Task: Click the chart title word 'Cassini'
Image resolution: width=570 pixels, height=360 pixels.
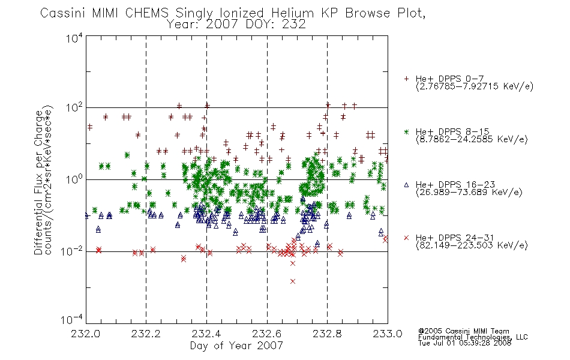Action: coord(62,13)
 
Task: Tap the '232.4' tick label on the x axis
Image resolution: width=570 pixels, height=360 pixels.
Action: coord(206,334)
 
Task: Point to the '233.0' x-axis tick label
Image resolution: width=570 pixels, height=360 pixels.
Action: coord(388,334)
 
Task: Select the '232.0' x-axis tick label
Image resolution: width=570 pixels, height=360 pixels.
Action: coord(86,334)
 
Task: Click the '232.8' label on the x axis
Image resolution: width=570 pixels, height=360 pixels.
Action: coord(327,334)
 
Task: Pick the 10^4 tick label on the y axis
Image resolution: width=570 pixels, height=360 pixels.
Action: coord(74,38)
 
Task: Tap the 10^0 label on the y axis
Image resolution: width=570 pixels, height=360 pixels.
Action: coord(74,179)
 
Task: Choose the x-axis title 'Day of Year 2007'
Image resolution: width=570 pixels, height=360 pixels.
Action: coord(236,346)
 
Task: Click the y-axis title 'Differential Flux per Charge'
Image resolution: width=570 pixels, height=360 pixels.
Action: coord(38,182)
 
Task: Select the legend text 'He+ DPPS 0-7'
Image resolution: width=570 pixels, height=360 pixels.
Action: coord(449,79)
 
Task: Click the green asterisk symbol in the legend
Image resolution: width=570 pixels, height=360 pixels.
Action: coord(406,132)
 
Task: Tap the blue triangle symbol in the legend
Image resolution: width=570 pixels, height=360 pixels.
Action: coord(406,185)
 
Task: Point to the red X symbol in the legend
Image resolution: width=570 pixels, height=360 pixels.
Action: coord(406,238)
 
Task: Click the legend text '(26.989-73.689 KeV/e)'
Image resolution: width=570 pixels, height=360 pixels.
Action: coord(469,192)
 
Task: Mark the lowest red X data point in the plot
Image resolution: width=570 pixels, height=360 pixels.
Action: coord(293,281)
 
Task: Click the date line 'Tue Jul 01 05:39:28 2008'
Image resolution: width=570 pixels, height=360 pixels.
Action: coord(464,343)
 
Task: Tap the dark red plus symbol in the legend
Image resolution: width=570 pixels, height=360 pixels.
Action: coord(406,79)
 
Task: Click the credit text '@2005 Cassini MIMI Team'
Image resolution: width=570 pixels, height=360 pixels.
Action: coord(463,331)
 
